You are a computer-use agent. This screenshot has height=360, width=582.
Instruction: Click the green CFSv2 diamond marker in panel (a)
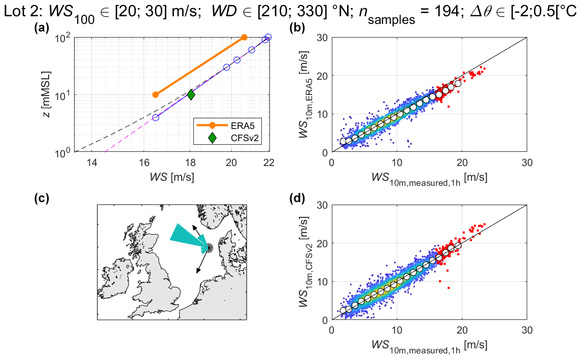[x=191, y=94]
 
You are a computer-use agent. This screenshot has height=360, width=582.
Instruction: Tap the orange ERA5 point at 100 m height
[x=244, y=38]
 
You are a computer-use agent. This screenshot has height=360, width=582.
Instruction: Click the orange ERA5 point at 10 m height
[x=156, y=94]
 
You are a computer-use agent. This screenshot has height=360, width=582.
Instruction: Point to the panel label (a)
[x=41, y=29]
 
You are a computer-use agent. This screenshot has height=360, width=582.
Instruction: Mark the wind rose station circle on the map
[x=208, y=248]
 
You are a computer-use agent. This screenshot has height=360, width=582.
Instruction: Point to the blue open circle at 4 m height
[x=156, y=117]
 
